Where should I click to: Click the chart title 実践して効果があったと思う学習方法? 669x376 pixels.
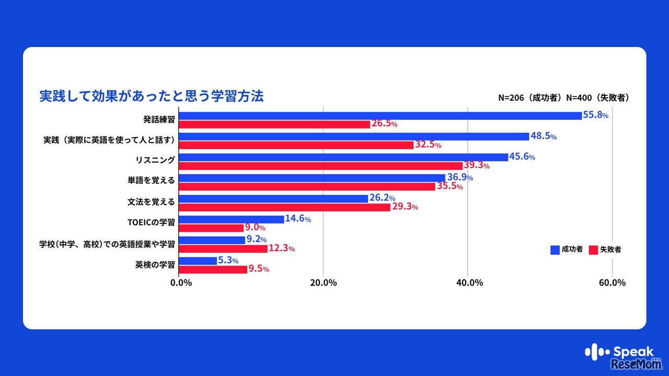pyautogui.click(x=152, y=97)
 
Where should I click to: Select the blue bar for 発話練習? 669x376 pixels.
pyautogui.click(x=380, y=115)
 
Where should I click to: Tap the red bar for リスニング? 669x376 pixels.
pyautogui.click(x=320, y=166)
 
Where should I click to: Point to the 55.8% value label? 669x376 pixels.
pyautogui.click(x=596, y=115)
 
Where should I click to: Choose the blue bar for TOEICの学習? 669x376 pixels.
pyautogui.click(x=232, y=219)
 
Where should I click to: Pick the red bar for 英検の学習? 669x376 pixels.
pyautogui.click(x=213, y=269)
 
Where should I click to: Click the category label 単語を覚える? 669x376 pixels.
pyautogui.click(x=151, y=181)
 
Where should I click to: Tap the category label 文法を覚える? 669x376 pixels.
pyautogui.click(x=151, y=202)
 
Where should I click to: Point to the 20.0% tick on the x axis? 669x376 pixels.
pyautogui.click(x=323, y=283)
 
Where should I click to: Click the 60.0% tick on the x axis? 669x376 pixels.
pyautogui.click(x=612, y=283)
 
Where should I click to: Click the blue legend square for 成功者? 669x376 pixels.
pyautogui.click(x=555, y=250)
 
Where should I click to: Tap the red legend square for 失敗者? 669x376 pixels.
pyautogui.click(x=593, y=250)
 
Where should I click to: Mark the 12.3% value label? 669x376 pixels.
pyautogui.click(x=282, y=249)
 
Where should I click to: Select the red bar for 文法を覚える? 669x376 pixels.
pyautogui.click(x=284, y=207)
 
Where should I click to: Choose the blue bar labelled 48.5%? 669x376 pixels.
pyautogui.click(x=354, y=136)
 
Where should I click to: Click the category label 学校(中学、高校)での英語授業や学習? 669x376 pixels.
pyautogui.click(x=107, y=244)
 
